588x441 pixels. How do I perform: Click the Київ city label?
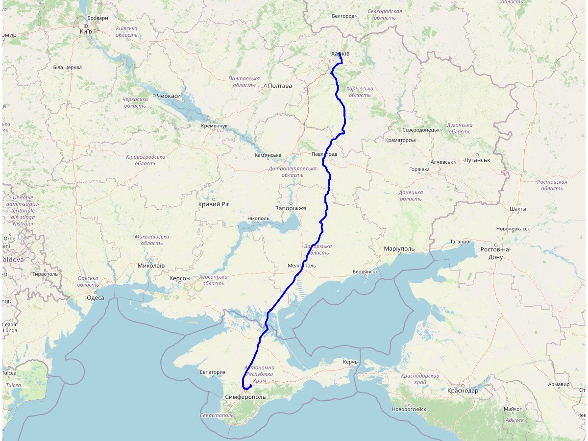point(86,32)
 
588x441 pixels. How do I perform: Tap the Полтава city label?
point(281,86)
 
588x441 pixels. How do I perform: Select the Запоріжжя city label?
point(291,208)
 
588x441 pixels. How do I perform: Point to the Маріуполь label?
point(399,249)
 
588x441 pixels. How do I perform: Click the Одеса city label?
point(95,298)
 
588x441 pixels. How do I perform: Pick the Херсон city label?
point(179,278)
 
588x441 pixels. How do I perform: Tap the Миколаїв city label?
point(151,266)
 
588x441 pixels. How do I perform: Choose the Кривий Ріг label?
point(214,204)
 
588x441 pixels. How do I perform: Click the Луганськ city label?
point(477,160)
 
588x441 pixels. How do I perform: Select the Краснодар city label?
point(463,391)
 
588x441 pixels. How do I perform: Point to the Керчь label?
point(350,362)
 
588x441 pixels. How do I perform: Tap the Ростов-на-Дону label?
point(495,253)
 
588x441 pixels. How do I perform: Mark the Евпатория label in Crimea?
point(212,372)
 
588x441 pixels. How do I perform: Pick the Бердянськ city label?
point(365,272)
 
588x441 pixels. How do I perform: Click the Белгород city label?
point(343,16)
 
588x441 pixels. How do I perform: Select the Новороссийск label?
point(409,409)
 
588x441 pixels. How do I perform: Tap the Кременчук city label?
point(214,126)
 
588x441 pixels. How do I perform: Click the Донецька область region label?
point(411,196)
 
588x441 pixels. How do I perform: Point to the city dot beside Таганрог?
point(473,242)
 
